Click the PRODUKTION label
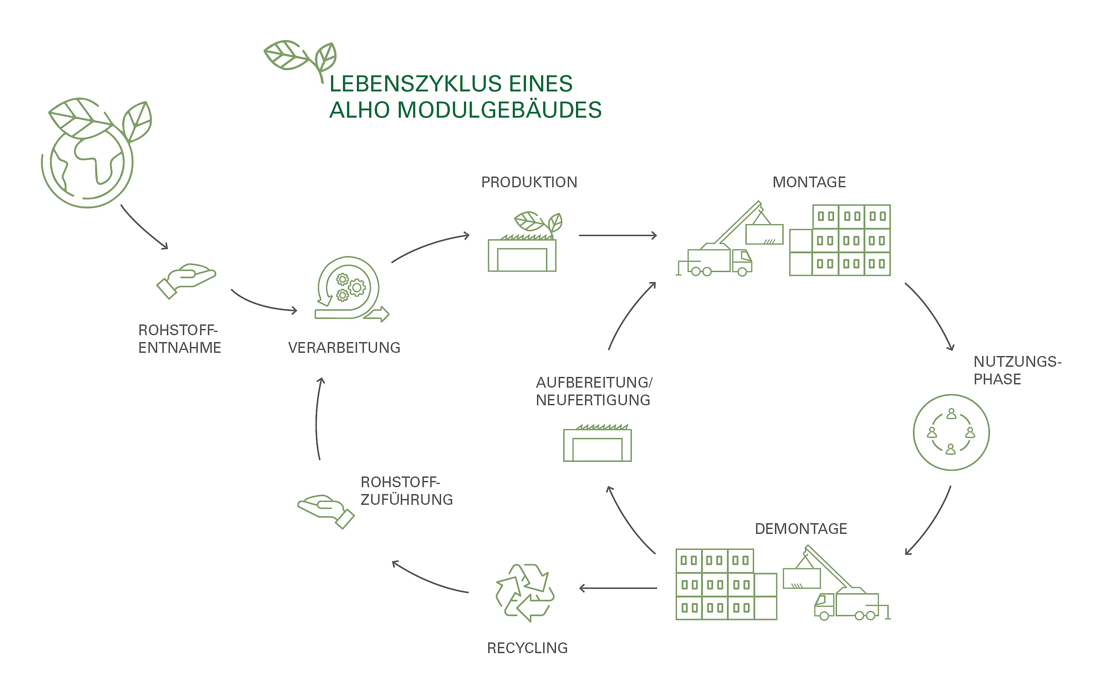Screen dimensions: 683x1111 [529, 182]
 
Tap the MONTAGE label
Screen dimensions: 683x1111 [809, 182]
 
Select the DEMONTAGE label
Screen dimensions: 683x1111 [800, 529]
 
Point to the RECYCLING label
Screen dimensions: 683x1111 [527, 648]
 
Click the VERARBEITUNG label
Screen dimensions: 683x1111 [344, 347]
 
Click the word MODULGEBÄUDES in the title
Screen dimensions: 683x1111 [499, 110]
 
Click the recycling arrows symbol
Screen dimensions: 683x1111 [525, 592]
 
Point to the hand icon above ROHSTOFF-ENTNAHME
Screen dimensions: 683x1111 [186, 280]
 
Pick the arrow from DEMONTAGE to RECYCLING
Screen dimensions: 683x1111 [618, 588]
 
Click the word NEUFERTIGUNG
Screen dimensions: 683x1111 [592, 400]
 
